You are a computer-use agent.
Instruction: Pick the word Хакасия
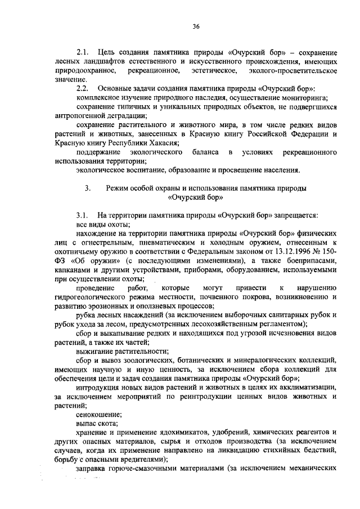pyautogui.click(x=160, y=143)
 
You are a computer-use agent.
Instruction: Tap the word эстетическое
pyautogui.click(x=211, y=71)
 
